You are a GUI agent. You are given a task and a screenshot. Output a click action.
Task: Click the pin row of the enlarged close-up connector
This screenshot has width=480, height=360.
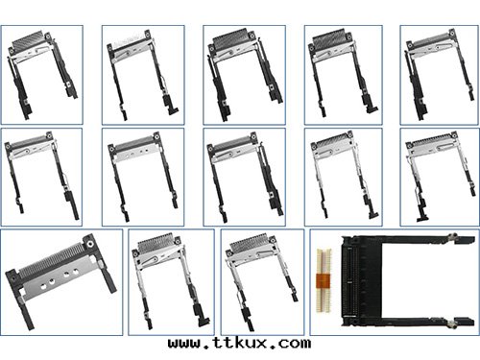[x=53, y=259]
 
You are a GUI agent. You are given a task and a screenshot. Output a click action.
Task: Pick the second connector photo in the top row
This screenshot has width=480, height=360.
[x=140, y=72]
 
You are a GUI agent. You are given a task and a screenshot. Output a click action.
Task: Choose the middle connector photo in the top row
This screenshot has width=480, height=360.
[x=241, y=72]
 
